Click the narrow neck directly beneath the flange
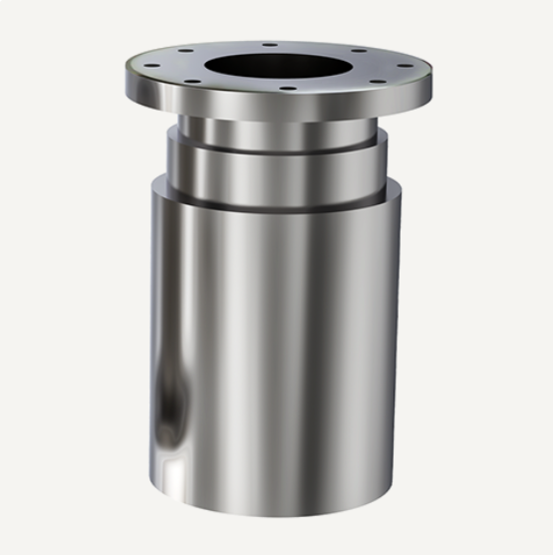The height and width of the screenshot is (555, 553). (x=278, y=129)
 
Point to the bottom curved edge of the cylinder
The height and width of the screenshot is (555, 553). (x=278, y=512)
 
